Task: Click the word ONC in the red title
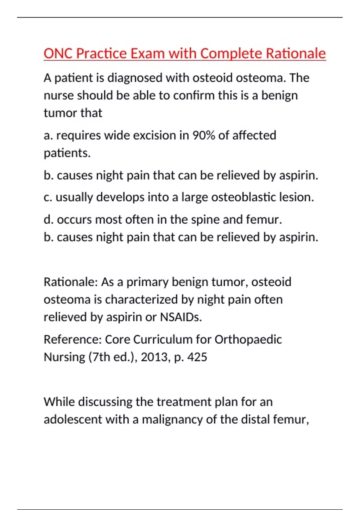click(58, 54)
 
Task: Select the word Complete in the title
click(231, 54)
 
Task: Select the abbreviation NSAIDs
click(181, 317)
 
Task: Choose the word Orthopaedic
click(248, 340)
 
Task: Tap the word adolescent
click(73, 419)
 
